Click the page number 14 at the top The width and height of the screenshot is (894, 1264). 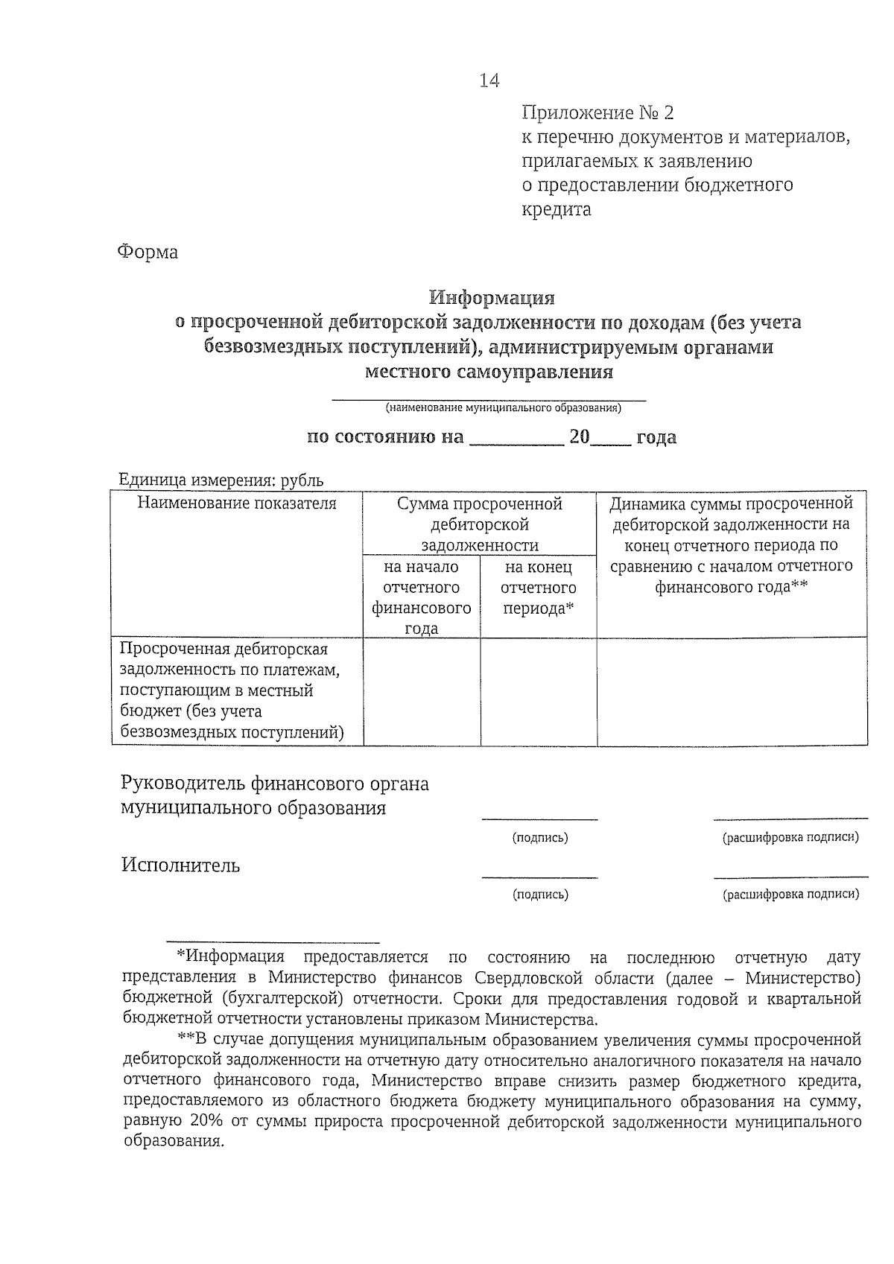[489, 80]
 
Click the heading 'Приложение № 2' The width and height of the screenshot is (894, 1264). [597, 113]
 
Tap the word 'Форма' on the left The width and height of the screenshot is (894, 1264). [148, 253]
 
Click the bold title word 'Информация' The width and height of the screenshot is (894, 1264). [492, 298]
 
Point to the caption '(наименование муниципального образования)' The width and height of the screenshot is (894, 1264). [503, 408]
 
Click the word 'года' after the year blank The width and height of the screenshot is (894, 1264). [656, 437]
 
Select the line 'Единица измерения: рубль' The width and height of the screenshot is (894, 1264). [221, 481]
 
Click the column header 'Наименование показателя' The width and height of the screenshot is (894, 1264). [237, 504]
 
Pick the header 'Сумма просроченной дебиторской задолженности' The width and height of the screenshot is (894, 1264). [480, 524]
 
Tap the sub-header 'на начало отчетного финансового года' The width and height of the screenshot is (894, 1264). [421, 597]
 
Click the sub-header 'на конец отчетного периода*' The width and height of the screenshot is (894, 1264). [538, 588]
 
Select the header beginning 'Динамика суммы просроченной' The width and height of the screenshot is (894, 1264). [732, 545]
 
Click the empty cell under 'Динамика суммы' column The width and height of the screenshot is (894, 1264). [732, 690]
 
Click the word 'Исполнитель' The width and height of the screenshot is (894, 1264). [181, 866]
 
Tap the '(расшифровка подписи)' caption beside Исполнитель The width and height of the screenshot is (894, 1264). [790, 895]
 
